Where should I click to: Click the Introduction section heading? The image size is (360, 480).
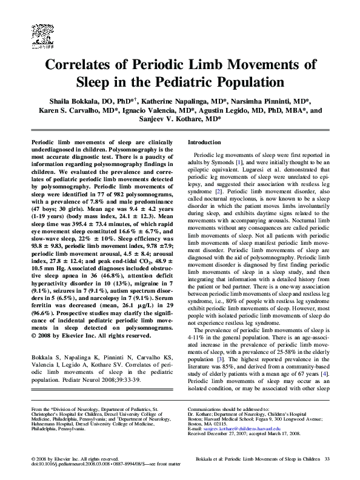[x=205, y=142]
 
